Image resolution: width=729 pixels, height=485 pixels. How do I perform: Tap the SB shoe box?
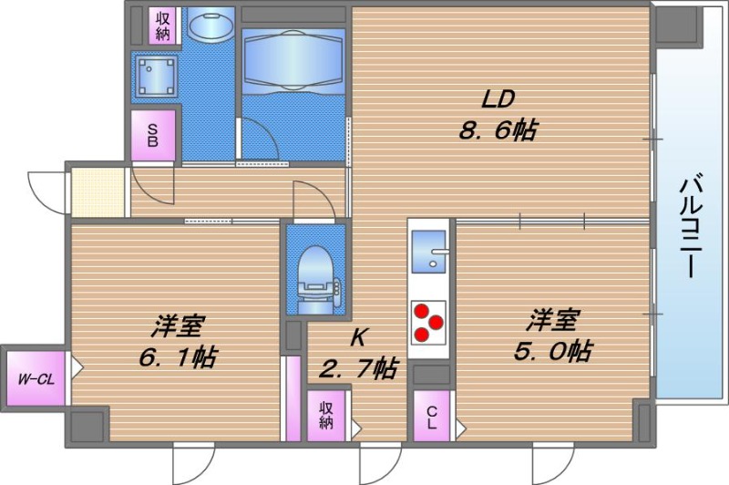153,136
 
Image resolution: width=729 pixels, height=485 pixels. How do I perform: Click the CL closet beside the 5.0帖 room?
431,416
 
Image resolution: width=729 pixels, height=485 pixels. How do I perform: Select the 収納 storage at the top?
163,26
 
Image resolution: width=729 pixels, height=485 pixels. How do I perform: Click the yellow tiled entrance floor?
97,191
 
